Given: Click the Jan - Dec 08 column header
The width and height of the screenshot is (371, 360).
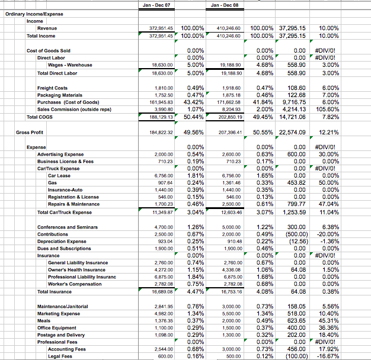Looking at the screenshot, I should pyautogui.click(x=223, y=5).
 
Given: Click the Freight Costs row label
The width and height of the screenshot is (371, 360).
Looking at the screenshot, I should pyautogui.click(x=53, y=88).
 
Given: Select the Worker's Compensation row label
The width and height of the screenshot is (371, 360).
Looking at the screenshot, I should pyautogui.click(x=75, y=284).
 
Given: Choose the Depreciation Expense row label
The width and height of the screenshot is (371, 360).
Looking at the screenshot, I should pyautogui.click(x=61, y=241).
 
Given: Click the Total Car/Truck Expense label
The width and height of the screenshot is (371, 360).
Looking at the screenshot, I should pyautogui.click(x=65, y=212).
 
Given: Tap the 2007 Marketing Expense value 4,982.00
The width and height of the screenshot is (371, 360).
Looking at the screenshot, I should pyautogui.click(x=163, y=313).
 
